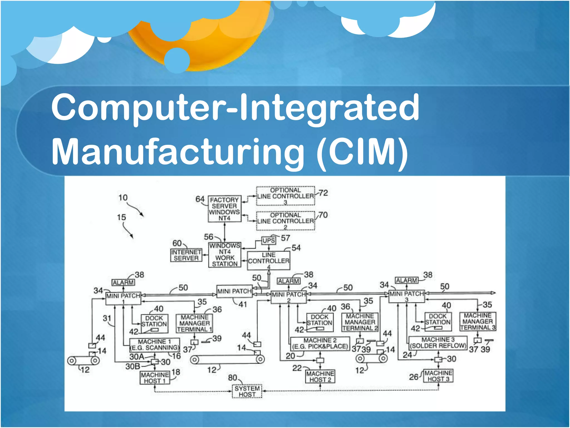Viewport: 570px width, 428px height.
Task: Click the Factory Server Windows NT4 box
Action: click(224, 209)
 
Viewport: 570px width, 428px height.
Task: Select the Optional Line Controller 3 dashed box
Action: click(285, 196)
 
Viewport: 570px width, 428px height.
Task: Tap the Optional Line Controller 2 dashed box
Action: click(285, 221)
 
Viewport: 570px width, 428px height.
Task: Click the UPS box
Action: click(269, 240)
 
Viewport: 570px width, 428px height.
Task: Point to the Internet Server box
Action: click(186, 255)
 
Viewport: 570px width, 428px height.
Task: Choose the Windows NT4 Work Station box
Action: click(225, 255)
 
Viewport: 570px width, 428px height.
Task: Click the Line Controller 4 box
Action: click(268, 261)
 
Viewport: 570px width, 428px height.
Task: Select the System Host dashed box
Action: click(247, 391)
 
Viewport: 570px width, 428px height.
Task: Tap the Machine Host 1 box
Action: click(155, 378)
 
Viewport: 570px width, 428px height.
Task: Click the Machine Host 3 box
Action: click(438, 376)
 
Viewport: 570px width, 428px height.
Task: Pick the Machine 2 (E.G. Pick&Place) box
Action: click(320, 344)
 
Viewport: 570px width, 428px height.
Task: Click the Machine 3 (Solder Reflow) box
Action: click(438, 343)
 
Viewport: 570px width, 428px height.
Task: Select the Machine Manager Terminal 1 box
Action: click(194, 323)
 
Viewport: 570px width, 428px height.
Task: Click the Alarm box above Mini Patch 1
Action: click(123, 282)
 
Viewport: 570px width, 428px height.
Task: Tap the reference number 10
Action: click(123, 198)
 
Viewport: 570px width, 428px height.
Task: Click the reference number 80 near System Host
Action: click(232, 378)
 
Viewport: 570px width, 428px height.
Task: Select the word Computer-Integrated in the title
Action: click(235, 107)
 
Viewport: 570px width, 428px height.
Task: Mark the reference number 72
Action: click(323, 193)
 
